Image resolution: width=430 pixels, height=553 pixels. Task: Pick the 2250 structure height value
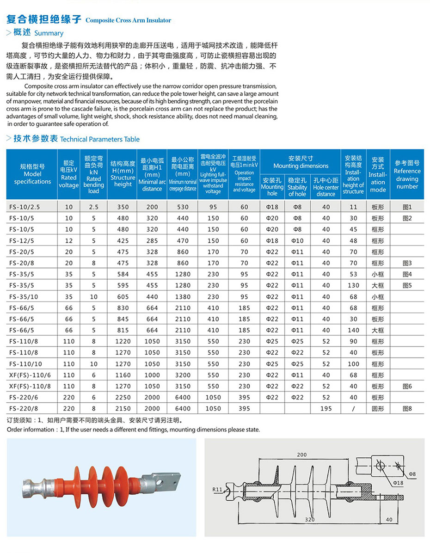coord(123,397)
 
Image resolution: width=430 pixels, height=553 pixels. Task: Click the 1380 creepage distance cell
coord(183,297)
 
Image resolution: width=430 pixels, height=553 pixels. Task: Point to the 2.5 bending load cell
coord(93,207)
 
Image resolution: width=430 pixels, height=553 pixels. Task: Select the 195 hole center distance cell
coord(326,409)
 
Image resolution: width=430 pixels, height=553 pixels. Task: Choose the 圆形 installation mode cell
coord(378,409)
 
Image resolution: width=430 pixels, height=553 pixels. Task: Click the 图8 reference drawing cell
coord(407,409)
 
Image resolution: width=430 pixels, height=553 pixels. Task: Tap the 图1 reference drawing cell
coord(407,207)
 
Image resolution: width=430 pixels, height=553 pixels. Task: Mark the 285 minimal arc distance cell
coord(152,241)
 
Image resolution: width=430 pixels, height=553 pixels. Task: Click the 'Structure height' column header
coord(123,174)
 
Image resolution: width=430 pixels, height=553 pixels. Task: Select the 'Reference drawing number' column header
coord(407,174)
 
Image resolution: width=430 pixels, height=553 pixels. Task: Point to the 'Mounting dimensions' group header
coord(301,162)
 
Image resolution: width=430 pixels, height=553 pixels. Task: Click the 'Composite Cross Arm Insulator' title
coord(129,20)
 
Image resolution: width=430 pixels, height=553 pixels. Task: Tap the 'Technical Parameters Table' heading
coord(100,139)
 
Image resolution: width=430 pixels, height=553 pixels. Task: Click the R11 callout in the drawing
coord(218,489)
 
